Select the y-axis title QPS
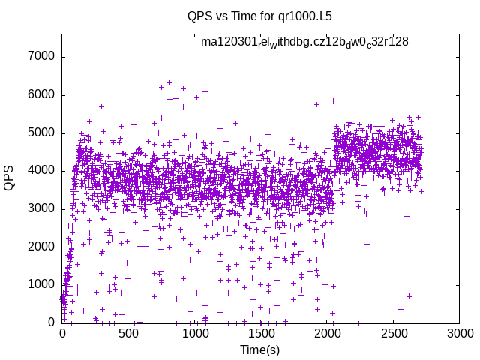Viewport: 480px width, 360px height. click(x=10, y=178)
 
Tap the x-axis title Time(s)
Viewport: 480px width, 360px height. click(x=260, y=350)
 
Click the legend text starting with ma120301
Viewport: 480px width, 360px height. click(x=304, y=42)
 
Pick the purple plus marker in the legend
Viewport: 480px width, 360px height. click(x=430, y=43)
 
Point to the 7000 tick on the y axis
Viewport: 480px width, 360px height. click(x=40, y=57)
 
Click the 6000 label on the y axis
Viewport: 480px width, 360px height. click(x=40, y=95)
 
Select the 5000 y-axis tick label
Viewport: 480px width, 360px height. click(x=40, y=133)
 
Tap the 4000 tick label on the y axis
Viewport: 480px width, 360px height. click(x=40, y=171)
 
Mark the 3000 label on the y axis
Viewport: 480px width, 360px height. click(x=40, y=209)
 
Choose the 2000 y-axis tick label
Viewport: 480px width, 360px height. click(x=40, y=247)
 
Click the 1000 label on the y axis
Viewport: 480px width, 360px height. click(x=40, y=285)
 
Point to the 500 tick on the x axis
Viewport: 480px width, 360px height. click(x=128, y=334)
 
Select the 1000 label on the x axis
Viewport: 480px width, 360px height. click(x=194, y=334)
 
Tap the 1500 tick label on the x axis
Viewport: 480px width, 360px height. click(x=260, y=334)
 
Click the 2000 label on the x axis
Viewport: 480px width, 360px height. click(x=327, y=334)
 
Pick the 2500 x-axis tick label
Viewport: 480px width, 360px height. click(x=393, y=334)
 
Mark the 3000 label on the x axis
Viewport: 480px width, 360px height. click(x=459, y=334)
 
